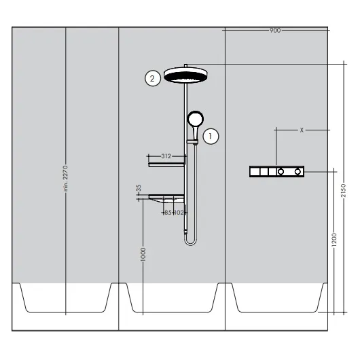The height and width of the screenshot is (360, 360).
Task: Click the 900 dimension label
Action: (275, 30)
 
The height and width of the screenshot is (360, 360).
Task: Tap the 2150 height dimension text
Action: (344, 190)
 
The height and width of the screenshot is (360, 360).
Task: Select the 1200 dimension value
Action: (334, 240)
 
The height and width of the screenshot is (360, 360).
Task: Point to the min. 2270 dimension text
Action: (66, 179)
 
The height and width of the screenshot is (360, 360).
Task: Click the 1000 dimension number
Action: (143, 255)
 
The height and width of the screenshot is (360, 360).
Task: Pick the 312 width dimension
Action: (166, 156)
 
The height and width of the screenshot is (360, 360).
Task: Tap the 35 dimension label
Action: (139, 188)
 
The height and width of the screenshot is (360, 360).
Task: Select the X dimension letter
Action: (302, 130)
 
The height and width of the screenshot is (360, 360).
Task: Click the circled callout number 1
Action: (211, 137)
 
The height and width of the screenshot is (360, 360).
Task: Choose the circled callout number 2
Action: (152, 79)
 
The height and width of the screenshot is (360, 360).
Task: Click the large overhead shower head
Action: (185, 75)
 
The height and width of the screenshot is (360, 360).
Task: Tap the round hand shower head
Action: (196, 118)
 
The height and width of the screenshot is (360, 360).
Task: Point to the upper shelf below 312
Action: (166, 164)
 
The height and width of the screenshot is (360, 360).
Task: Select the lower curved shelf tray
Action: (166, 198)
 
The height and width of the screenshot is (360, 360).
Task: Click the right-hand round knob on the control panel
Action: (298, 171)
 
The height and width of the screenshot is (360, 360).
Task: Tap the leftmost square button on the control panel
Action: (255, 171)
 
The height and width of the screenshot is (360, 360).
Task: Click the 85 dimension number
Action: (168, 213)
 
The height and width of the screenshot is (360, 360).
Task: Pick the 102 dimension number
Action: (179, 213)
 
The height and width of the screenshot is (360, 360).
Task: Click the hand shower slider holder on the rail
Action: (192, 142)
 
